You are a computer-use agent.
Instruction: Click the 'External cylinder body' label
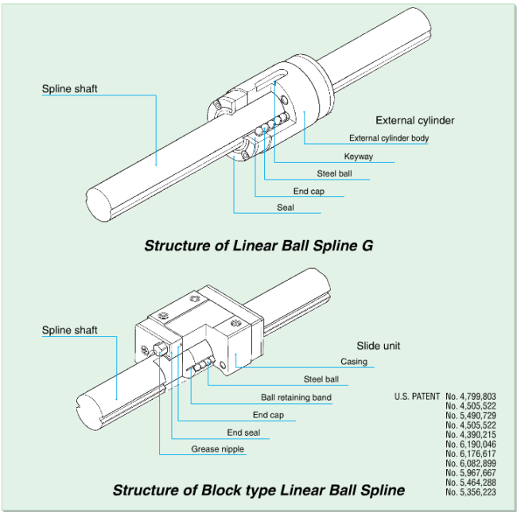click(389, 138)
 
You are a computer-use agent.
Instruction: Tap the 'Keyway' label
click(358, 157)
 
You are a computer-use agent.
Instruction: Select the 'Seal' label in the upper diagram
click(286, 208)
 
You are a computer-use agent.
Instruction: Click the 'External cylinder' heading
click(414, 121)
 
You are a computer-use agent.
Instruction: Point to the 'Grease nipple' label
click(217, 450)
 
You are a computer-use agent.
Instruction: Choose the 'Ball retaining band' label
click(296, 398)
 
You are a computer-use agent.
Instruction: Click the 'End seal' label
click(243, 432)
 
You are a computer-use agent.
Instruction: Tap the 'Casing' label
click(354, 362)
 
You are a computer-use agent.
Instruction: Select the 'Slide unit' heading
click(379, 346)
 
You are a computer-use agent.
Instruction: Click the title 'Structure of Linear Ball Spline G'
click(258, 246)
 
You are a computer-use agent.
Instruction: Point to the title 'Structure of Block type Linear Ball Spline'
click(258, 490)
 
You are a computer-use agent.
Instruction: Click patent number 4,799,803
click(470, 395)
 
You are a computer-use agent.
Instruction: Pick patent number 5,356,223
click(470, 491)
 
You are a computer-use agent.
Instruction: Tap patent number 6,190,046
click(470, 444)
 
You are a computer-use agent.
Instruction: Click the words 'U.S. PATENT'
click(418, 395)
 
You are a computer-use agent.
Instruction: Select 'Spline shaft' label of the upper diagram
click(70, 89)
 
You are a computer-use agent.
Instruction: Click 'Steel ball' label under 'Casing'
click(321, 379)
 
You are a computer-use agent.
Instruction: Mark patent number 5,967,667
click(470, 472)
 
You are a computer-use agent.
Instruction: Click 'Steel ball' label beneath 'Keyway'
click(334, 173)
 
